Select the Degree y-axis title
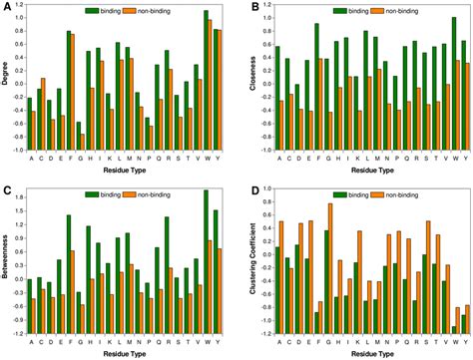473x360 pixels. pyautogui.click(x=7, y=80)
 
